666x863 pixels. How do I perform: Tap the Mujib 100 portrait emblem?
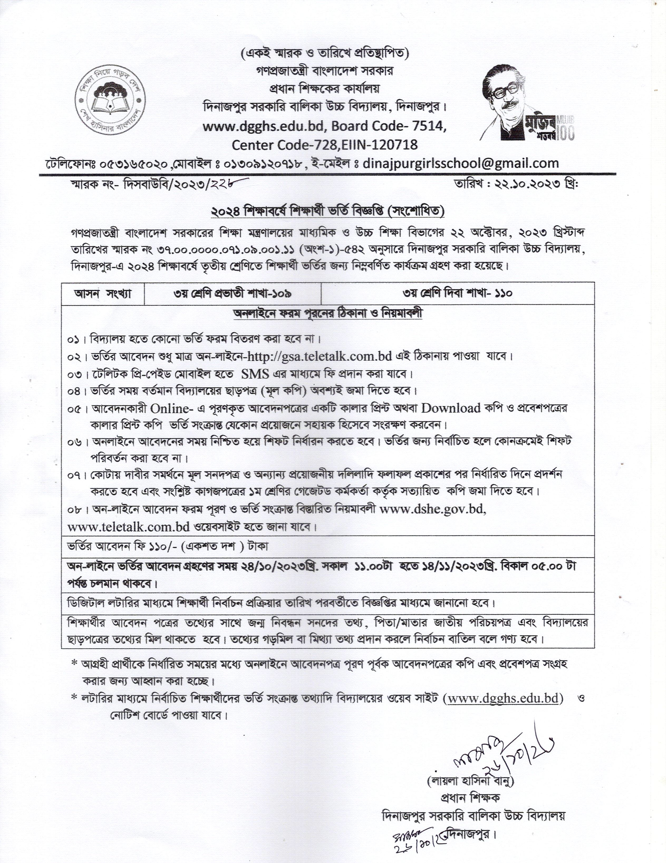point(526,104)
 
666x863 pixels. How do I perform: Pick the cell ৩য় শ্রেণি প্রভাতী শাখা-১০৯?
point(233,293)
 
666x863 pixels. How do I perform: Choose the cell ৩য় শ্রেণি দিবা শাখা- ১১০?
point(458,293)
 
